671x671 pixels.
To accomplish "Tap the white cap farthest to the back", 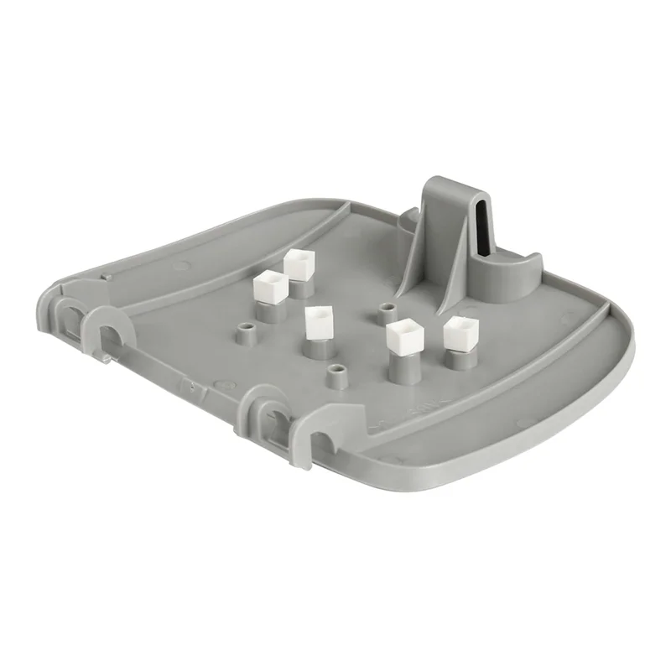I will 298,263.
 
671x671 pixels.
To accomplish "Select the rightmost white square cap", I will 460,332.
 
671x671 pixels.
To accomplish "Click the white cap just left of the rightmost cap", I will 403,336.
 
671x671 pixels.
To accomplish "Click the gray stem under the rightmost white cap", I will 458,359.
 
